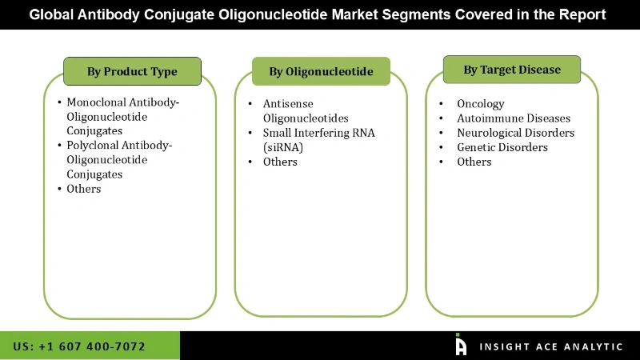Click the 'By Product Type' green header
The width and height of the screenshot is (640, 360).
[x=132, y=71]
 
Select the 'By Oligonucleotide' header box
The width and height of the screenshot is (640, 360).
[x=321, y=71]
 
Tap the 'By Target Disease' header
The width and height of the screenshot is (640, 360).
[x=512, y=70]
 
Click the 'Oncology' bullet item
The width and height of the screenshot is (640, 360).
[x=480, y=104]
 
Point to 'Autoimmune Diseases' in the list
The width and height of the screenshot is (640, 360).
[x=513, y=118]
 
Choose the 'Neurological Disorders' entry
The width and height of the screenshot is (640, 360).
[x=515, y=133]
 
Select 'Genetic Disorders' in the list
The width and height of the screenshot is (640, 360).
[x=502, y=147]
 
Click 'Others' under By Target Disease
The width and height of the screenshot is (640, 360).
[x=474, y=162]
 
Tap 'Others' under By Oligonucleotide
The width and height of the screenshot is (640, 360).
[x=280, y=162]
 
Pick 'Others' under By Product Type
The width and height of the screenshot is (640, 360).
[x=84, y=189]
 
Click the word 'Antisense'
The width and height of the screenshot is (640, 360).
[x=288, y=104]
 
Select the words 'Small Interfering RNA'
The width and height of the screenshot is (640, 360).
[x=318, y=133]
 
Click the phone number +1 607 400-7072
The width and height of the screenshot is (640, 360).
[x=79, y=346]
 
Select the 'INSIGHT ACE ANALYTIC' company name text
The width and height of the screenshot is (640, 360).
[x=550, y=346]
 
